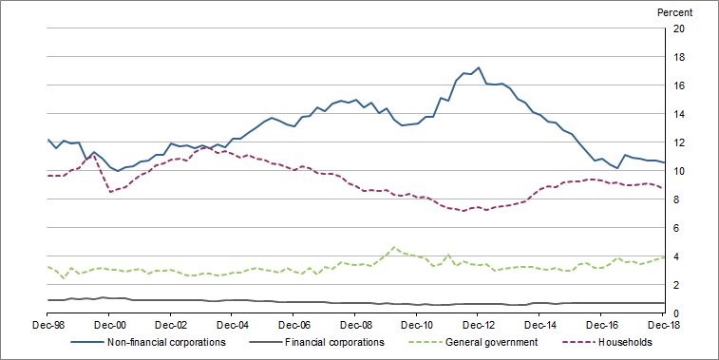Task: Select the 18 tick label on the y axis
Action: (679, 57)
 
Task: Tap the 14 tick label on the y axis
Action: (679, 114)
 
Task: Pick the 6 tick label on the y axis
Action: (679, 228)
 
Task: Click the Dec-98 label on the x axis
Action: (47, 325)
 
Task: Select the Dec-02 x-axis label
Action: (171, 325)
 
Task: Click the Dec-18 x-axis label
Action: (662, 325)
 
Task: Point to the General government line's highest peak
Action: (394, 247)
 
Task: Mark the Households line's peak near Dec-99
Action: (94, 154)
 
